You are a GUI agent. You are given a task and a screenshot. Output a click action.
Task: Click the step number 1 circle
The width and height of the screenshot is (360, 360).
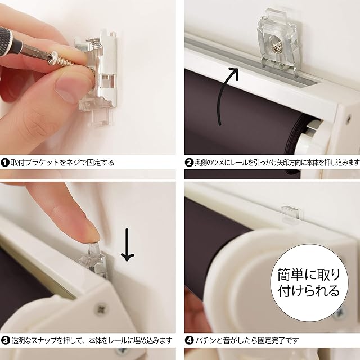[x=5, y=163]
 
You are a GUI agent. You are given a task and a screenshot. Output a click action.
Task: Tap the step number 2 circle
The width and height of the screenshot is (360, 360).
[x=189, y=163]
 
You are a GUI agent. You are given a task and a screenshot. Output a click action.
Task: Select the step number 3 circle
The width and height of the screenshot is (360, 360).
[x=5, y=340]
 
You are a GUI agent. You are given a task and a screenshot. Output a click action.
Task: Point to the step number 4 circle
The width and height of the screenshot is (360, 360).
[x=189, y=340]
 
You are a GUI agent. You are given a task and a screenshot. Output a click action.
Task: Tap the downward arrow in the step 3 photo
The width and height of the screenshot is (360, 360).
[x=128, y=245]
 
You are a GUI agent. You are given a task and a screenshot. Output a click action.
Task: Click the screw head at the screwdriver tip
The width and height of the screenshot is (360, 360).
[x=55, y=58]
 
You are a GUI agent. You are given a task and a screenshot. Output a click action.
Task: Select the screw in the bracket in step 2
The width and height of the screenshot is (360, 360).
[x=276, y=48]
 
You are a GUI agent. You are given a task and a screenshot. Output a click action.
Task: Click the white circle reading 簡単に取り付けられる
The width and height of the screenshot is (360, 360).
[x=309, y=283]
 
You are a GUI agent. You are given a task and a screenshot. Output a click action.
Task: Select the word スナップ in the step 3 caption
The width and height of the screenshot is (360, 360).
[x=44, y=340]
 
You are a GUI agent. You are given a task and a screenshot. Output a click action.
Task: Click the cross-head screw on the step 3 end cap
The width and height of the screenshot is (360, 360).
[x=101, y=309]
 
